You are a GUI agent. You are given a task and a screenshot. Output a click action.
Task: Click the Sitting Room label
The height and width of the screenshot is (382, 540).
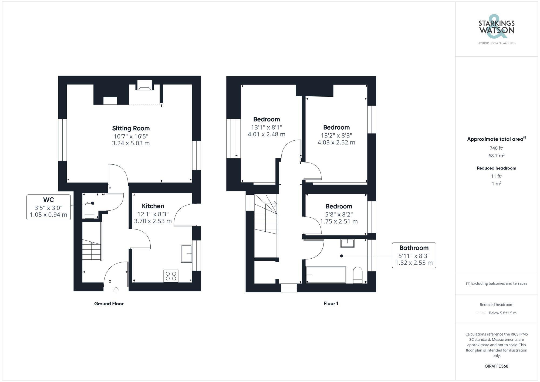coord(131,128)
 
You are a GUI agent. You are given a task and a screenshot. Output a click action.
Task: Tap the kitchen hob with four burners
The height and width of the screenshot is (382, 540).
coord(171,276)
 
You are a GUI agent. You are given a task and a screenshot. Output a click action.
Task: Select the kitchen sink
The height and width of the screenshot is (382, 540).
coord(187,253)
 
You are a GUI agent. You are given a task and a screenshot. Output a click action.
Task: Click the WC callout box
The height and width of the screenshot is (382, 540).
coord(49,207)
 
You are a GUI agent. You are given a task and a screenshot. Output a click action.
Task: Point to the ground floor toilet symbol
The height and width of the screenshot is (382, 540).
coord(89,211)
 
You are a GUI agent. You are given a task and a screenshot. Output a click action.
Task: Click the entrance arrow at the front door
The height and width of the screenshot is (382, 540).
coord(116,290)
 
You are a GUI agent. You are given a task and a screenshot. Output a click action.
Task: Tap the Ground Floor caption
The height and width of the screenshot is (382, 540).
coord(109,303)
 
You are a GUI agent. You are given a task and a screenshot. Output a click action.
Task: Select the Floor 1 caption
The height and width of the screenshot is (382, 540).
coord(331,303)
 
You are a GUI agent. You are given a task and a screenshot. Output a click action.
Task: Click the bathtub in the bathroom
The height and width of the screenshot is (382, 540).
coord(326,275)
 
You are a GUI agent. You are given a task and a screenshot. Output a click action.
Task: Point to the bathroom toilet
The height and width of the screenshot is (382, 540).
coord(358,275)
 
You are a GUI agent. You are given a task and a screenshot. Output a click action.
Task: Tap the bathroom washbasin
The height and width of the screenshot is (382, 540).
coord(347,243)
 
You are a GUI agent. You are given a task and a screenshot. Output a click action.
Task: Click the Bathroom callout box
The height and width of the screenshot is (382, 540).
coord(414,255)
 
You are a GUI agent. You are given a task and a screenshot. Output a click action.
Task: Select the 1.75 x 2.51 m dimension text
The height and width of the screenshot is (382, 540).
coord(339,222)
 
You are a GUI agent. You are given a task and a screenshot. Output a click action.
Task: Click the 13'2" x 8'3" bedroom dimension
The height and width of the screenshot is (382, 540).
coord(336,135)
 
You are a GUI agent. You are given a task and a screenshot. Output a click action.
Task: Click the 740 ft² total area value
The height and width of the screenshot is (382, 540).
coord(496,148)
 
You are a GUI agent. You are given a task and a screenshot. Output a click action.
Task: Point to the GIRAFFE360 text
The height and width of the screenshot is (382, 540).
coord(496,366)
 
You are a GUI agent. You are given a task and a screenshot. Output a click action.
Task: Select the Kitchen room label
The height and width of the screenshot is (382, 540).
coord(153,206)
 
